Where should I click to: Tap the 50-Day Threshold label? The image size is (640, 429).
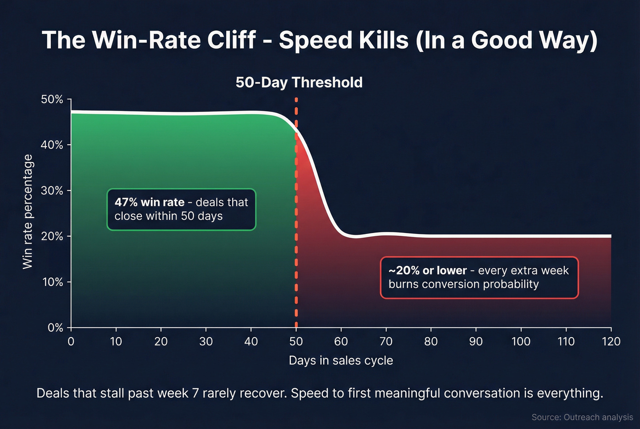click(x=299, y=82)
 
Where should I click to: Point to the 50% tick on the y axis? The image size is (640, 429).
click(x=52, y=100)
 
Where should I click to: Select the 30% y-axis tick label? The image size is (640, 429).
click(x=52, y=191)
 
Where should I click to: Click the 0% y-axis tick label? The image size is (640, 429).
click(x=55, y=328)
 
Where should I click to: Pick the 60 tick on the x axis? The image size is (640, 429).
click(x=341, y=341)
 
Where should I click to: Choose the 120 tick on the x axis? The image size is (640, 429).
click(x=611, y=341)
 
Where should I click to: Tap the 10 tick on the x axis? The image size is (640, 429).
click(x=116, y=341)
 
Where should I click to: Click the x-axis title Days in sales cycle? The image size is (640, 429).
click(x=341, y=360)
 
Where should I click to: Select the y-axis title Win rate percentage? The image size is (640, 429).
click(x=28, y=212)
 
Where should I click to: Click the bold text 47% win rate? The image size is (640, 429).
click(x=149, y=202)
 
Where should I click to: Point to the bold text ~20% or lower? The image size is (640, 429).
click(x=427, y=270)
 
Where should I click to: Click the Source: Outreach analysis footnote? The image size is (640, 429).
click(x=582, y=417)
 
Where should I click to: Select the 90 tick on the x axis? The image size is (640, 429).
click(x=476, y=341)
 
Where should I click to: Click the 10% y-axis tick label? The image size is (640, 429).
click(x=52, y=282)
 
